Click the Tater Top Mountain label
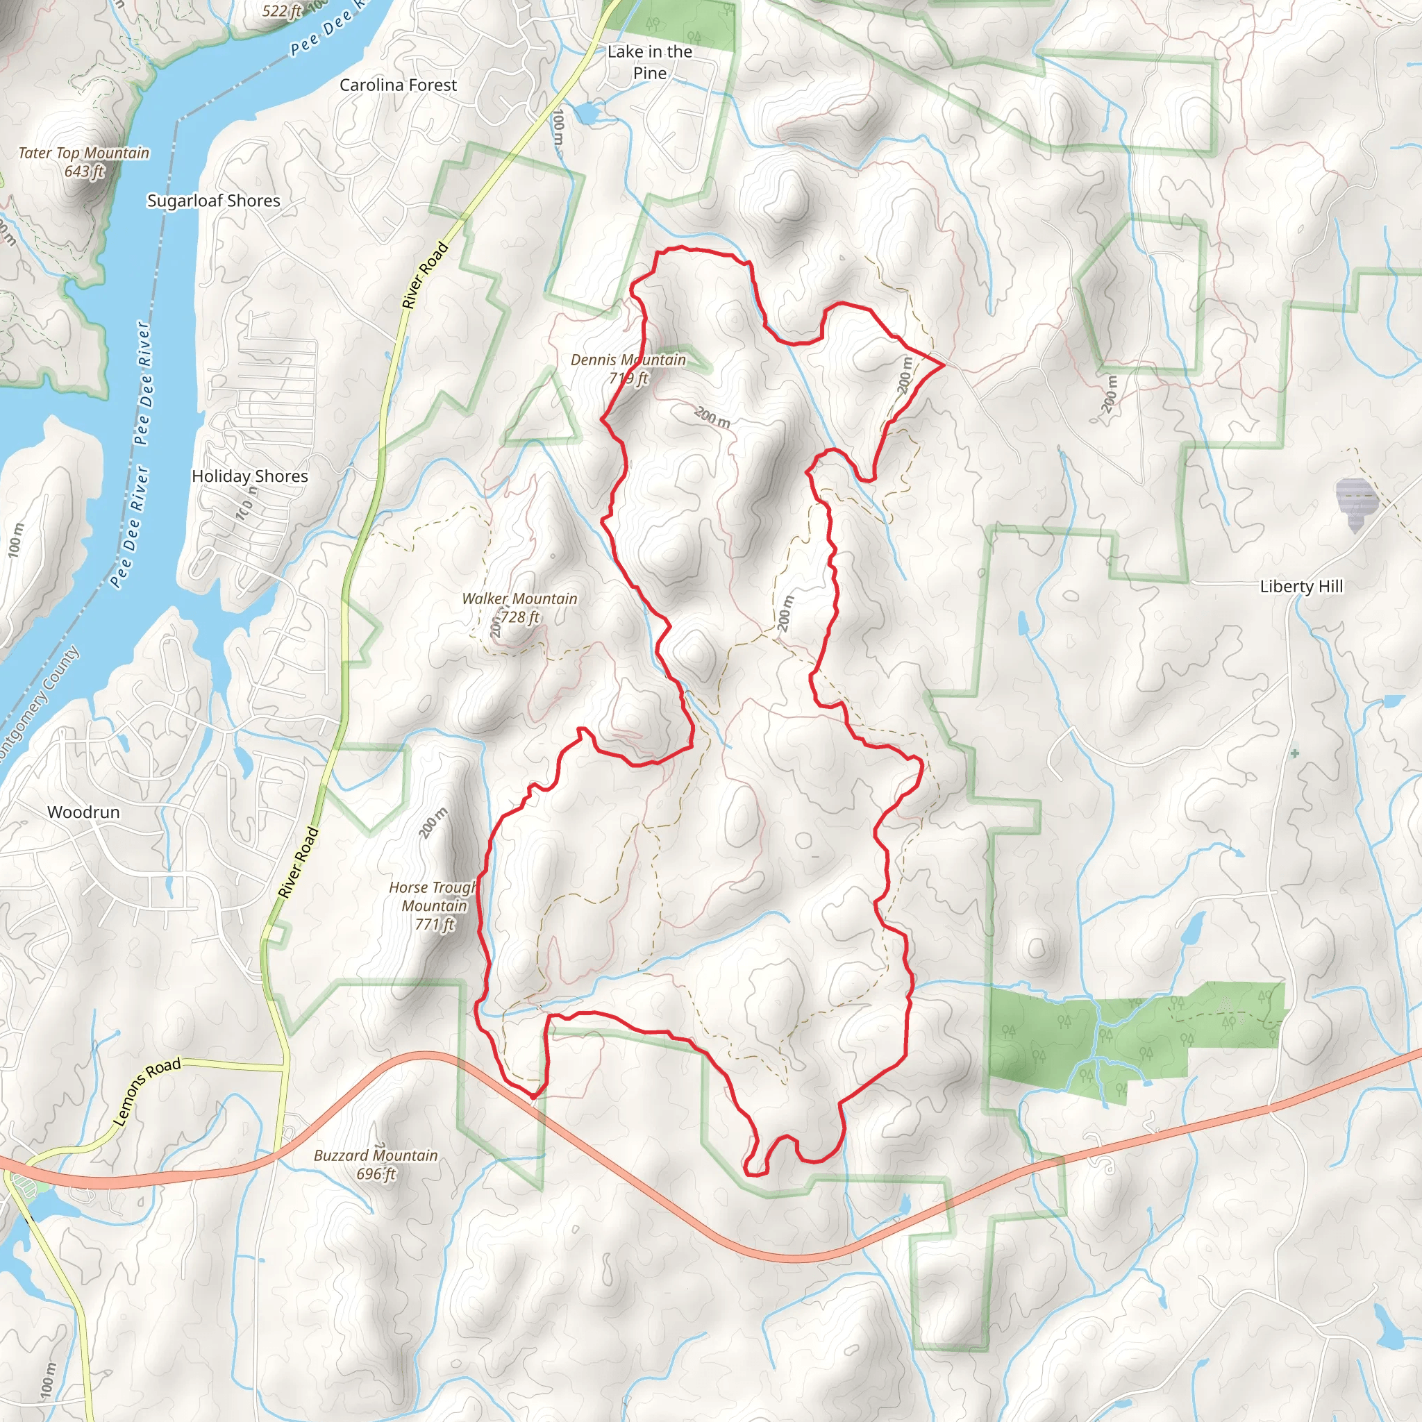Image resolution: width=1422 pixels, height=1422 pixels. pyautogui.click(x=84, y=162)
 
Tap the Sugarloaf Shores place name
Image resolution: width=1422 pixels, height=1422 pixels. pyautogui.click(x=213, y=201)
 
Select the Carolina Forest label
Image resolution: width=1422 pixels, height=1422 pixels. pyautogui.click(x=398, y=85)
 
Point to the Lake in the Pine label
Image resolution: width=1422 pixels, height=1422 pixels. pyautogui.click(x=650, y=62)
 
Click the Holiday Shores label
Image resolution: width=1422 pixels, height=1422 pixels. pyautogui.click(x=249, y=476)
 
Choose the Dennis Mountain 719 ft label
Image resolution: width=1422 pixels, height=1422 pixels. pyautogui.click(x=628, y=369)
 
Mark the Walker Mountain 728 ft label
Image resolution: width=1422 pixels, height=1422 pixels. pyautogui.click(x=519, y=608)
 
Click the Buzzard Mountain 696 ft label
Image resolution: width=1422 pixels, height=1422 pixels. pyautogui.click(x=376, y=1164)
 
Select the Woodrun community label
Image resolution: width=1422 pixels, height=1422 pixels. pyautogui.click(x=83, y=812)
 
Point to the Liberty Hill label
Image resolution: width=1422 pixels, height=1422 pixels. pyautogui.click(x=1301, y=587)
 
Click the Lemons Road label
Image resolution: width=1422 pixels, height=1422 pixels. pyautogui.click(x=147, y=1092)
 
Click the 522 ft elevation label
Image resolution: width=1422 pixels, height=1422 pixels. pyautogui.click(x=283, y=11)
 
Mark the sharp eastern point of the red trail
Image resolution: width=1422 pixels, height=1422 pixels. pyautogui.click(x=944, y=365)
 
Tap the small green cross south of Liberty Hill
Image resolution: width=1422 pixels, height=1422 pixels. pyautogui.click(x=1295, y=753)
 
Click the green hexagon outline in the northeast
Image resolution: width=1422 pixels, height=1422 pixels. pyautogui.click(x=1140, y=295)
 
